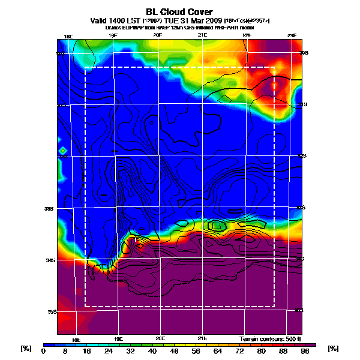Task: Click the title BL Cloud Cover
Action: pos(180,11)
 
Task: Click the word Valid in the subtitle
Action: pos(100,20)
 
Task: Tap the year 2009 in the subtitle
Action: pos(212,20)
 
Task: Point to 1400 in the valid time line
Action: pos(119,20)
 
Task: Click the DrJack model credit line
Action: pos(180,27)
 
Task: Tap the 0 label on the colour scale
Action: pos(43,352)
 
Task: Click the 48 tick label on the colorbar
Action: pos(178,352)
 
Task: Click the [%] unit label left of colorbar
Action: pos(26,349)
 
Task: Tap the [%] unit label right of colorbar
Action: pos(334,349)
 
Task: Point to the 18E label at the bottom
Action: pos(76,339)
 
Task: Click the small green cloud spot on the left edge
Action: pos(61,150)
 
